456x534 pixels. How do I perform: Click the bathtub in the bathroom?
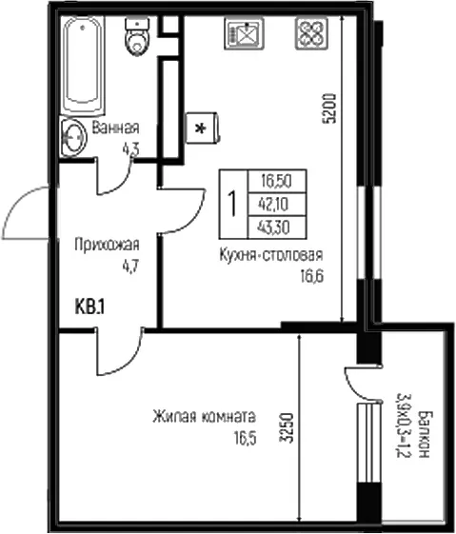click(83, 65)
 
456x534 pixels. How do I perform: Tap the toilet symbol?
click(137, 37)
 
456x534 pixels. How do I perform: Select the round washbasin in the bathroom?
click(73, 137)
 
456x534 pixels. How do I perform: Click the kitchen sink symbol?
click(244, 33)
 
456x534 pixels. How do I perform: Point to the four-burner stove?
click(312, 33)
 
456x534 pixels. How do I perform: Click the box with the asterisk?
click(202, 129)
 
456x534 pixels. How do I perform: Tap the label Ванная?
click(116, 128)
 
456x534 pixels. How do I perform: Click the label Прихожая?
click(107, 245)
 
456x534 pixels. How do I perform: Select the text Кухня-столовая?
click(271, 255)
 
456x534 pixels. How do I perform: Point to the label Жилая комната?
click(204, 417)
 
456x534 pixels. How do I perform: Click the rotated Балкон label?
click(425, 434)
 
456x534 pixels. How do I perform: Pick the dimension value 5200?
click(330, 108)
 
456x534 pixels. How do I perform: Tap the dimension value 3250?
click(287, 427)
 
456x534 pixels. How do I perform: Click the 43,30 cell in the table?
click(277, 227)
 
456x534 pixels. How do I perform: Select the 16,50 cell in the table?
click(277, 181)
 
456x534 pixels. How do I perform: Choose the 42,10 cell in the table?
click(277, 204)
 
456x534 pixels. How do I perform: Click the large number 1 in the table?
click(233, 204)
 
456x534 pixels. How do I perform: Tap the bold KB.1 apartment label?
click(89, 307)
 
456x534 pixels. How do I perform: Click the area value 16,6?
click(311, 276)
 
